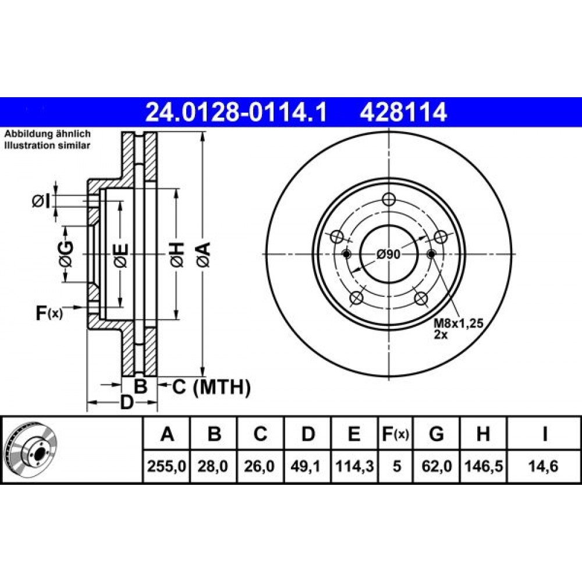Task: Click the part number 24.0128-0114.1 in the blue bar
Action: [x=236, y=112]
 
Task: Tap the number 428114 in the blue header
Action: [x=403, y=112]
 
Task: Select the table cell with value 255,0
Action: [x=166, y=466]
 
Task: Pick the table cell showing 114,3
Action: [x=354, y=466]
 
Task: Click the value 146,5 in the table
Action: [x=483, y=466]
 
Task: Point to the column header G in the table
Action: [x=436, y=434]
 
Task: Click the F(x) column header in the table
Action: [x=395, y=434]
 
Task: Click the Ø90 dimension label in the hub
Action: [x=388, y=255]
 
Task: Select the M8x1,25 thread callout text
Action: [x=459, y=323]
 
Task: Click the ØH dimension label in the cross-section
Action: [x=177, y=255]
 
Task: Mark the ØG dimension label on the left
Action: [x=66, y=254]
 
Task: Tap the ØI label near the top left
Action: [x=41, y=201]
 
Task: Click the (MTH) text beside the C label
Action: [x=222, y=388]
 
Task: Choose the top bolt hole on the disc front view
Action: [x=388, y=199]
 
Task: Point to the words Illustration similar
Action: [x=47, y=145]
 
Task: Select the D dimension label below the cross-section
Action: [x=126, y=402]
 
